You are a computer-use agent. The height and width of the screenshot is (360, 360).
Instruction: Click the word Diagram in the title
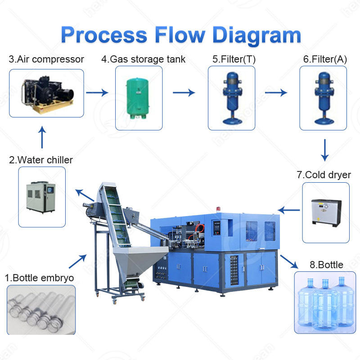[x=256, y=36]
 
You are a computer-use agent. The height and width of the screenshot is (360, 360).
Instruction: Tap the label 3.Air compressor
[x=46, y=59]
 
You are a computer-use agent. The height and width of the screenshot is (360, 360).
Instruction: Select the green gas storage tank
[x=138, y=98]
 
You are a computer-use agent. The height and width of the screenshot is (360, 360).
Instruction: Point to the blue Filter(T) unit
[x=232, y=98]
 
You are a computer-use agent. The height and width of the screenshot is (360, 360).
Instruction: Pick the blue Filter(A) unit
[x=324, y=98]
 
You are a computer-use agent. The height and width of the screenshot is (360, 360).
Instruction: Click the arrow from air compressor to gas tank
[x=97, y=93]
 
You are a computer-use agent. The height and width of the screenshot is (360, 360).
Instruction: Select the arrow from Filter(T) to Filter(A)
[x=276, y=93]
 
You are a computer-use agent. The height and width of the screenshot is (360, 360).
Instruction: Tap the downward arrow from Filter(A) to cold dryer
[x=324, y=150]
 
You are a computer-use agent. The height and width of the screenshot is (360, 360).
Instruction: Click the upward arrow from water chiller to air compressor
[x=42, y=137]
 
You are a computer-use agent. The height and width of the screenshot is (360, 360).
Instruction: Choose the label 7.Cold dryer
[x=324, y=175]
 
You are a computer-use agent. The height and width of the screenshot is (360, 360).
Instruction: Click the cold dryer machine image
[x=326, y=213]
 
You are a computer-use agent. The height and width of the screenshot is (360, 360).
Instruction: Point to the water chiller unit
[x=40, y=197]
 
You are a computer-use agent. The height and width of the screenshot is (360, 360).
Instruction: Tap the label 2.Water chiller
[x=41, y=160]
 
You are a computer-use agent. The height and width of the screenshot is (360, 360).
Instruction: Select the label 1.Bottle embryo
[x=39, y=278]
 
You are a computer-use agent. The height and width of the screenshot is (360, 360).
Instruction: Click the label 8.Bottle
[x=327, y=265]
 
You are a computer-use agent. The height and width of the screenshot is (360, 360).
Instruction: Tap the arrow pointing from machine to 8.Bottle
[x=289, y=261]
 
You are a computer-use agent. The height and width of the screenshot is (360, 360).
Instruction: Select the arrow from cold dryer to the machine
[x=288, y=210]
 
